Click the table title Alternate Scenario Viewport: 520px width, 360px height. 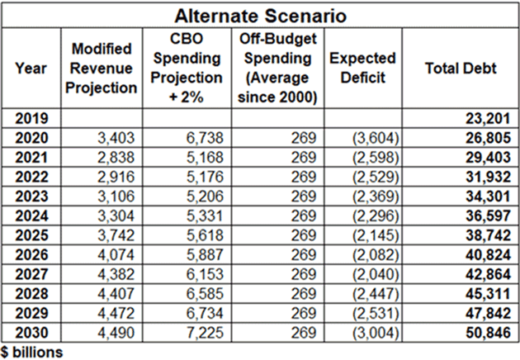(260, 15)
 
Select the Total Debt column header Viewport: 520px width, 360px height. (461, 69)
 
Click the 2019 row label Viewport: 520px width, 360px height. (31, 119)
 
